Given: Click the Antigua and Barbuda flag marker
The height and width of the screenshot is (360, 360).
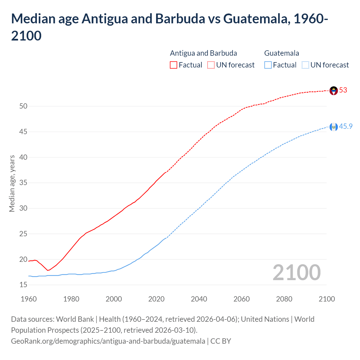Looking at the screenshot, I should [x=334, y=91].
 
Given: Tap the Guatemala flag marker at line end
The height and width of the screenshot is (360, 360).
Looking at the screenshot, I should [x=334, y=127].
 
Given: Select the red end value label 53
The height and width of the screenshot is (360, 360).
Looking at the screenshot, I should [x=343, y=90].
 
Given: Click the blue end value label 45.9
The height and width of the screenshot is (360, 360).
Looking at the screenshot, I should [x=346, y=127].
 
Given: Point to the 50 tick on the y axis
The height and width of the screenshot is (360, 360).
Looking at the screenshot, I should [x=23, y=106].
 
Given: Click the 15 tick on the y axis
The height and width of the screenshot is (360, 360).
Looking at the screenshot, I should [x=23, y=285].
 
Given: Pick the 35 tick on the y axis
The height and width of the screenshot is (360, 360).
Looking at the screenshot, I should [x=23, y=183].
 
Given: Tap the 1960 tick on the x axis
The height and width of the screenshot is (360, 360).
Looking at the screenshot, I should [x=29, y=299].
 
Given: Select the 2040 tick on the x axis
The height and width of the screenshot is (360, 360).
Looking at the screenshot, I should [x=199, y=299].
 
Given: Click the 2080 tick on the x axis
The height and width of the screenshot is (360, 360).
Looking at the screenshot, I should [x=284, y=299].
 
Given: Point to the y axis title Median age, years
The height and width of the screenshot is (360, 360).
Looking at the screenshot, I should [x=12, y=183].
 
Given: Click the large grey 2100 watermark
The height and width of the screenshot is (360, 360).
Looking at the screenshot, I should [x=296, y=273].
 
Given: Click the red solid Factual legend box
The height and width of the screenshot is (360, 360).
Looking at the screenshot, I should [x=174, y=65].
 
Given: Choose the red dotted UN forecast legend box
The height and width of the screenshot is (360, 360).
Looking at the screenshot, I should [x=211, y=65].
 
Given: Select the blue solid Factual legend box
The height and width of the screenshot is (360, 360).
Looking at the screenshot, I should [x=268, y=65].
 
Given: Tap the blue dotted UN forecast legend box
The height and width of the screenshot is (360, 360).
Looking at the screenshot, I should [x=305, y=65].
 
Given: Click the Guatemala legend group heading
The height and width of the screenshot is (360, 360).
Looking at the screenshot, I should [x=282, y=53].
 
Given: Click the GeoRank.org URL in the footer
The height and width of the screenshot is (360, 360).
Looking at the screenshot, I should [x=108, y=341].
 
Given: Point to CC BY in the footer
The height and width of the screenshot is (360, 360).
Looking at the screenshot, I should [x=221, y=341].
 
